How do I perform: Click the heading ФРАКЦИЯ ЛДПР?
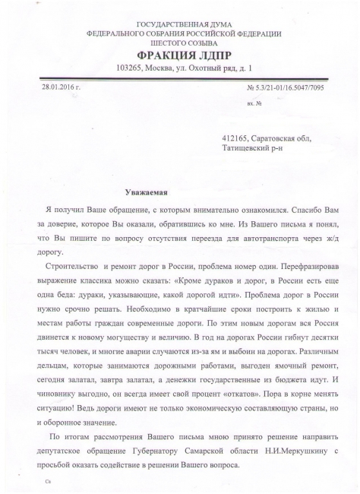pyautogui.click(x=183, y=55)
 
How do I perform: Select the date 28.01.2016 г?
pyautogui.click(x=62, y=88)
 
